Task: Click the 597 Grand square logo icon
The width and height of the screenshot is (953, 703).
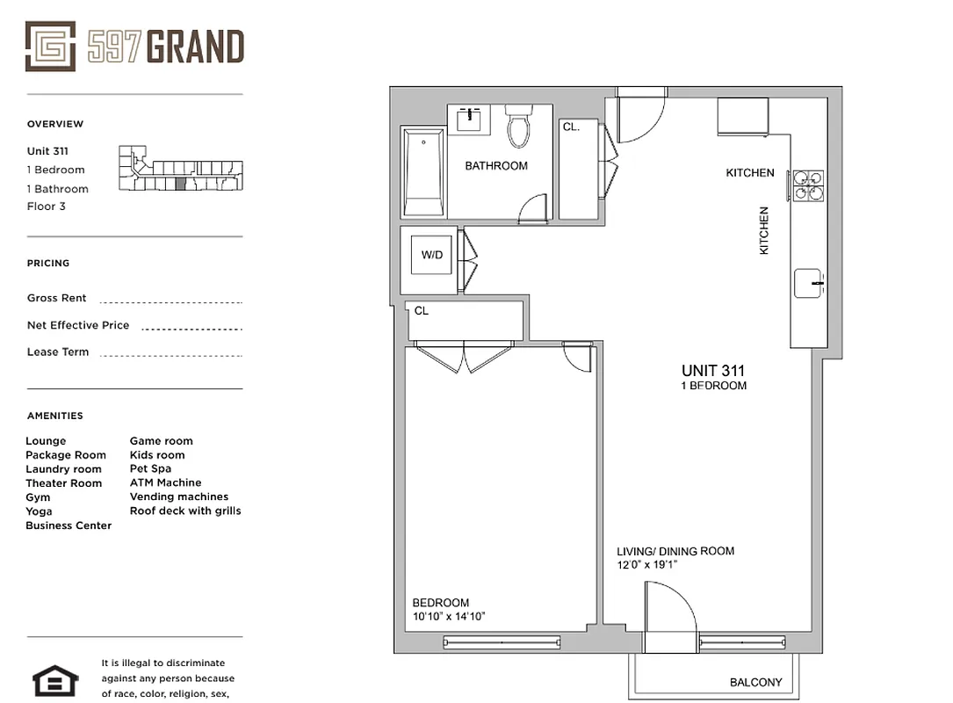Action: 51,47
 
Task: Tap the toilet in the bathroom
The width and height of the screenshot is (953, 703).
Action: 518,126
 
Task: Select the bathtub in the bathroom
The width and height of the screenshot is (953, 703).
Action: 423,171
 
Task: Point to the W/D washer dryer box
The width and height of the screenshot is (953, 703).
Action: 431,256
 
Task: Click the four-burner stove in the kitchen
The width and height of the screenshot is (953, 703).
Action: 808,185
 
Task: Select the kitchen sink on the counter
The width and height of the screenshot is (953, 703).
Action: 808,284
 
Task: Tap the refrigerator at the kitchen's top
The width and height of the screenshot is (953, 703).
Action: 743,116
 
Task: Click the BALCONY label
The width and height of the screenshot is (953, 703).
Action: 755,683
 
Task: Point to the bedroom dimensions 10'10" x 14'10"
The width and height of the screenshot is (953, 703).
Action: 449,617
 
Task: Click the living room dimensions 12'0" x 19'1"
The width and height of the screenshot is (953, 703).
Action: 647,565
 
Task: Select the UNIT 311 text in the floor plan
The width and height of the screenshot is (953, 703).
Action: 713,371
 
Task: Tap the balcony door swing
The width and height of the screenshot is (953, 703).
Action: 669,618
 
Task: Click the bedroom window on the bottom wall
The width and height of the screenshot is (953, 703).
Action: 502,642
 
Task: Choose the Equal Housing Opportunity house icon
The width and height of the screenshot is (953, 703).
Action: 55,680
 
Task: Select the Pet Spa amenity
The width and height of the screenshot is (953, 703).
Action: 150,469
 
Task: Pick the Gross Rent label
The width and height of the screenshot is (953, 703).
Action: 57,298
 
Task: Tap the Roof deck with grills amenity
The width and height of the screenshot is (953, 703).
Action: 185,511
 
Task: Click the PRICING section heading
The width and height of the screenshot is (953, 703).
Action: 48,263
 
